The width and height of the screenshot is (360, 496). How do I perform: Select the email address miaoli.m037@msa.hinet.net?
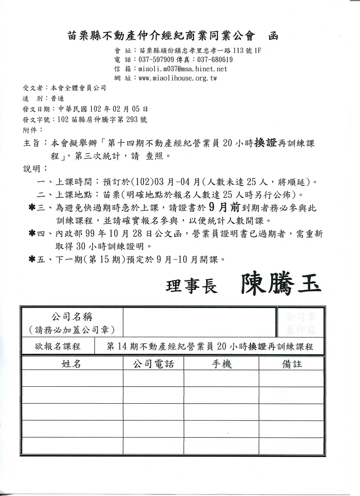183,69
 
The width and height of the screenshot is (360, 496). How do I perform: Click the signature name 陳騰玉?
281,284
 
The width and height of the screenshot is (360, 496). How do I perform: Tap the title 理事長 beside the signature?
192,286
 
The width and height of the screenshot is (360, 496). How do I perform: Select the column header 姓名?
72,364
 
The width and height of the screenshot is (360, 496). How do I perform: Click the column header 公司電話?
153,364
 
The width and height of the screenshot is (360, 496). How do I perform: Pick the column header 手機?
221,364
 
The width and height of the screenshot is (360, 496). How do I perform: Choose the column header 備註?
292,364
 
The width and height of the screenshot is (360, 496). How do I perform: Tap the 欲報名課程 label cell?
57,346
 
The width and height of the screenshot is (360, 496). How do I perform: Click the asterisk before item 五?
32,259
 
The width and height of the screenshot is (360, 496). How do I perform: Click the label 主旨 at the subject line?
32,143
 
